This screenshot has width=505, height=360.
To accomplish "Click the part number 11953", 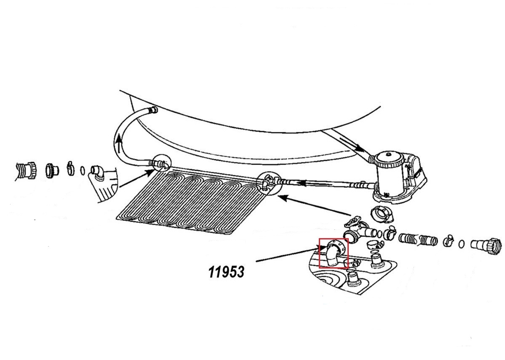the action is click(226, 272).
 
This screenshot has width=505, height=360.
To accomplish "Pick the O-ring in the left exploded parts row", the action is click(83, 170).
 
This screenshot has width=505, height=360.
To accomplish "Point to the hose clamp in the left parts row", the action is click(70, 169).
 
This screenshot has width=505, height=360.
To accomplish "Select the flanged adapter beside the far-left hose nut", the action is click(51, 169).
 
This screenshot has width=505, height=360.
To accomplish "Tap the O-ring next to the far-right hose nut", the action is click(462, 244).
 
